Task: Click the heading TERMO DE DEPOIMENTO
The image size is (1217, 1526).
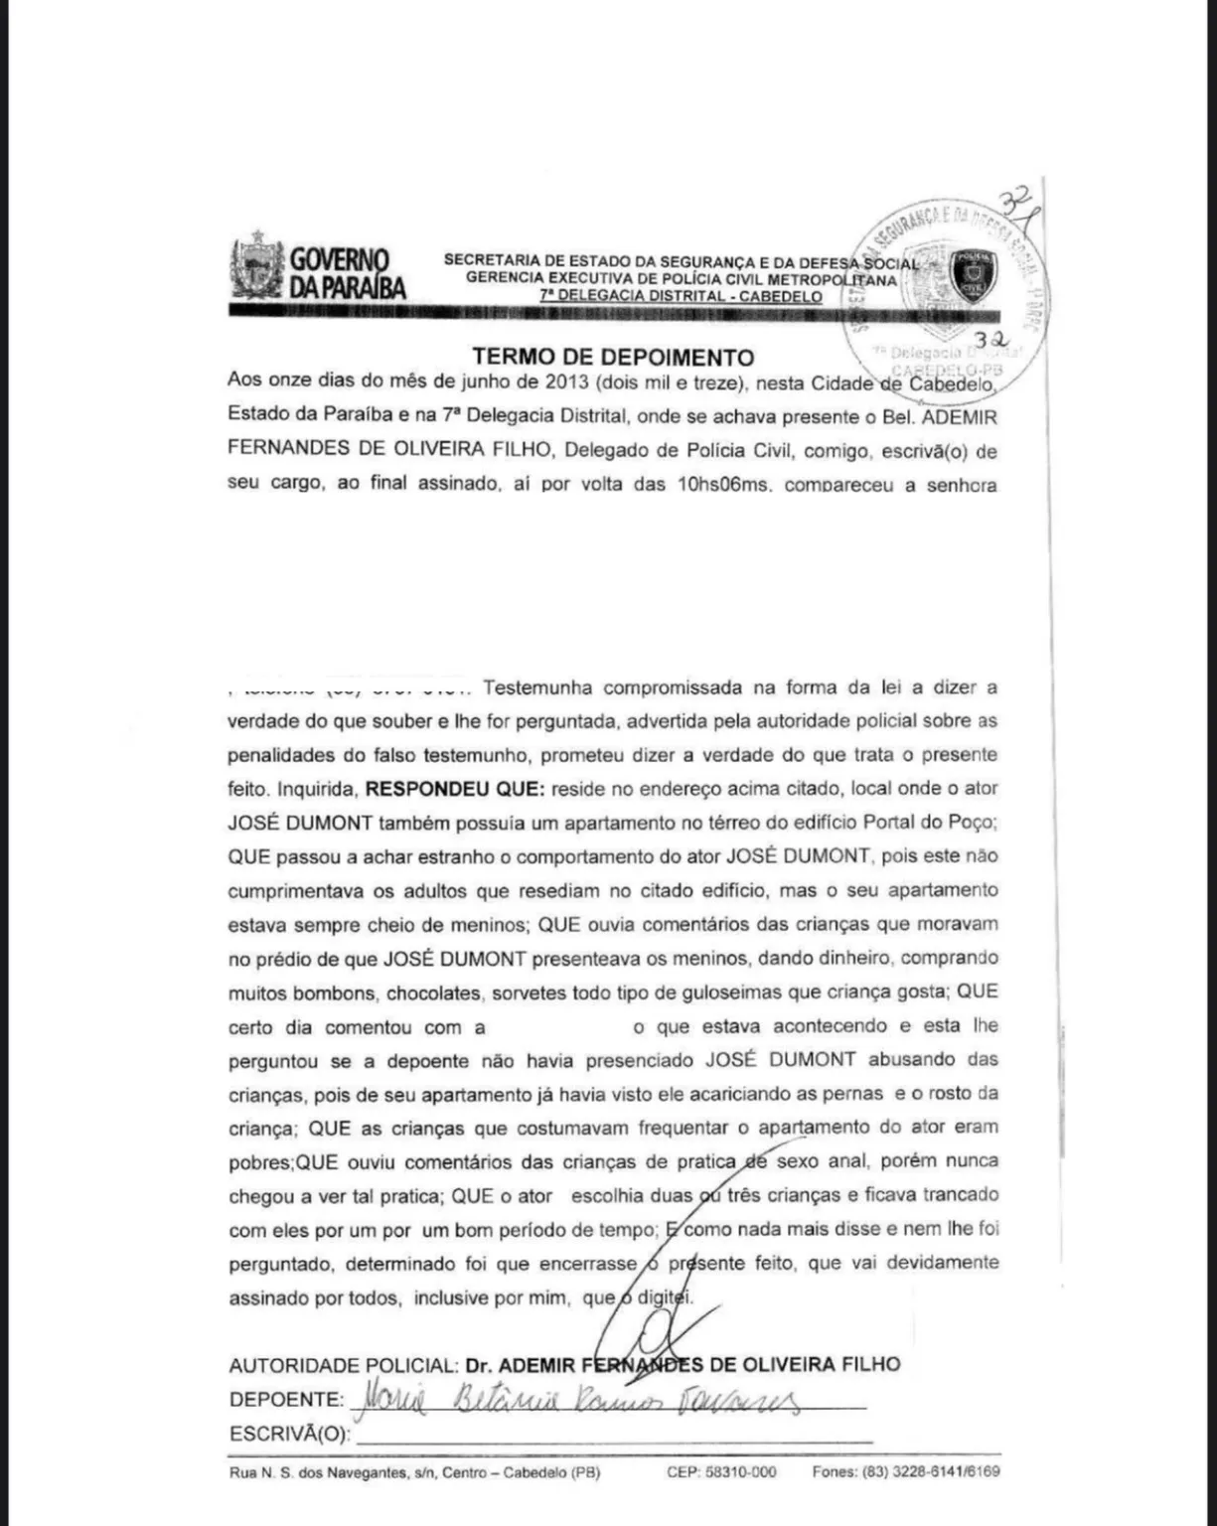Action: pos(613,357)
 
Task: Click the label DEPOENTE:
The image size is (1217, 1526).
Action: pos(285,1399)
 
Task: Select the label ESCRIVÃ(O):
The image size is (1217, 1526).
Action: pos(290,1435)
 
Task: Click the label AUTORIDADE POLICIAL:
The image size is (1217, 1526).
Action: pos(344,1365)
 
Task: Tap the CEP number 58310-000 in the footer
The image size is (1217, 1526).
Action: pos(721,1472)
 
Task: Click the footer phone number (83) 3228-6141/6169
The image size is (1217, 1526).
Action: pos(906,1472)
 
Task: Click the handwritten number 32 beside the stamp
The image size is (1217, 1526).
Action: pos(990,341)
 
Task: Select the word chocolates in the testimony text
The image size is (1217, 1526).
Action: pos(433,992)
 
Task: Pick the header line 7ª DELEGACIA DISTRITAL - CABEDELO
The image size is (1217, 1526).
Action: pos(682,296)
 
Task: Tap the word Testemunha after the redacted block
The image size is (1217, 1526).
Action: pos(537,687)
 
